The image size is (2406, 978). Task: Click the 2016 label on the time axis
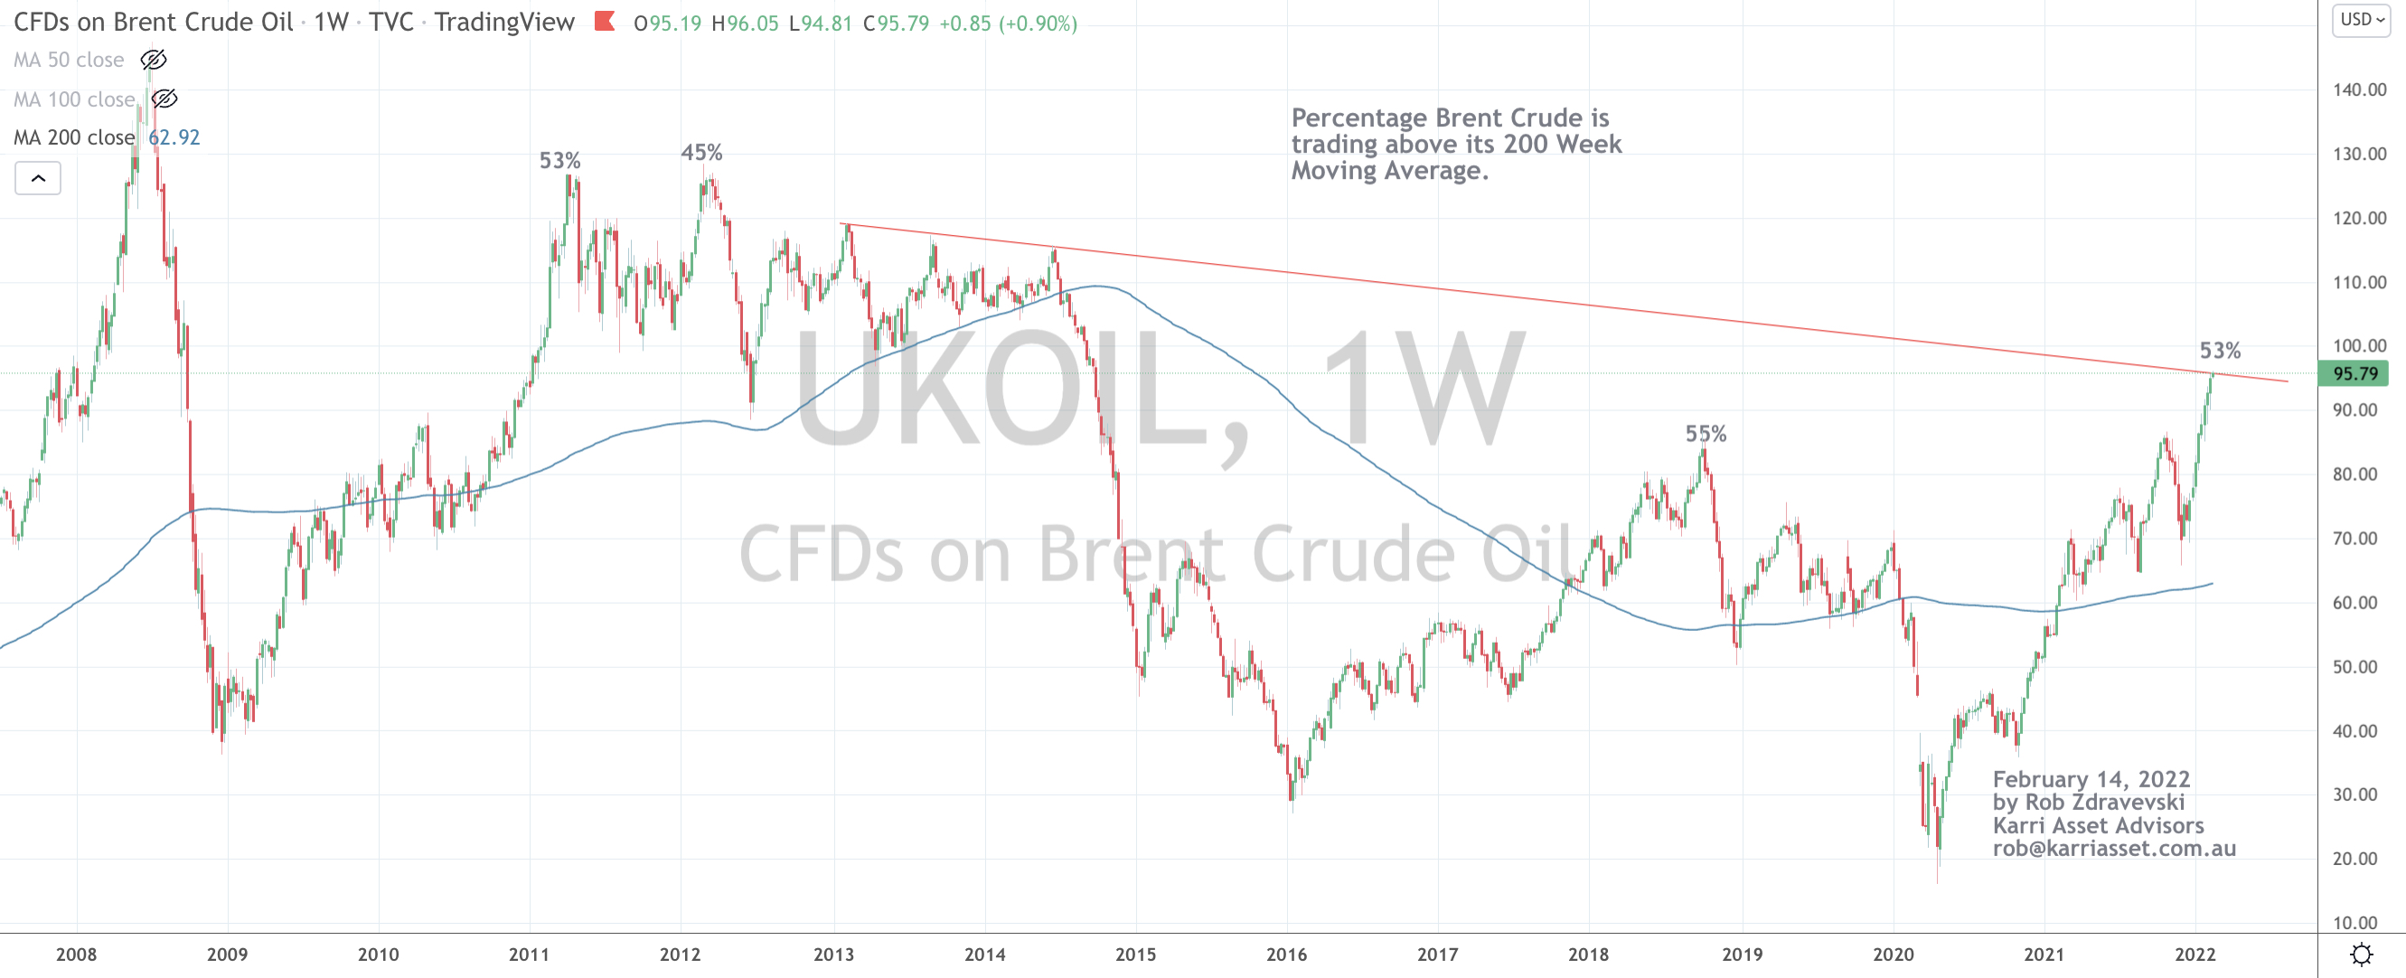pos(1286,954)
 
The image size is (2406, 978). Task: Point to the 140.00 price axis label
pos(2359,89)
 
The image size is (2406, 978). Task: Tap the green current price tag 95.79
pos(2354,373)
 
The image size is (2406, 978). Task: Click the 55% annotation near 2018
pos(1706,434)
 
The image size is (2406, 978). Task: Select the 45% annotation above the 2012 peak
pos(701,152)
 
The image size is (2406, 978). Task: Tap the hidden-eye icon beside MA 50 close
pos(153,60)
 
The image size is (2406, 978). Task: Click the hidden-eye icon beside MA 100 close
pos(164,99)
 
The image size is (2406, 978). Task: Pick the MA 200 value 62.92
pos(174,137)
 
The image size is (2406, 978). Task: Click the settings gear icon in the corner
pos(2361,954)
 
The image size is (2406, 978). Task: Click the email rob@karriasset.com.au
pos(2114,848)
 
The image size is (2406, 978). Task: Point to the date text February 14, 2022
pos(2091,779)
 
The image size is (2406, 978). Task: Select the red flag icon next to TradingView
pos(605,21)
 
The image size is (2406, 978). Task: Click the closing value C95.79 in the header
pos(896,24)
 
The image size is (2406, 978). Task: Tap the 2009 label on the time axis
pos(227,954)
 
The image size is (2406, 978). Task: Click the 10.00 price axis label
pos(2354,923)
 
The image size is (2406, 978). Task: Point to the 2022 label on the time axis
pos(2194,954)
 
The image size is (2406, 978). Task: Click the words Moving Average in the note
pos(1389,171)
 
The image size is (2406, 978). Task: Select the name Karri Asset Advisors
pos(2098,826)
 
